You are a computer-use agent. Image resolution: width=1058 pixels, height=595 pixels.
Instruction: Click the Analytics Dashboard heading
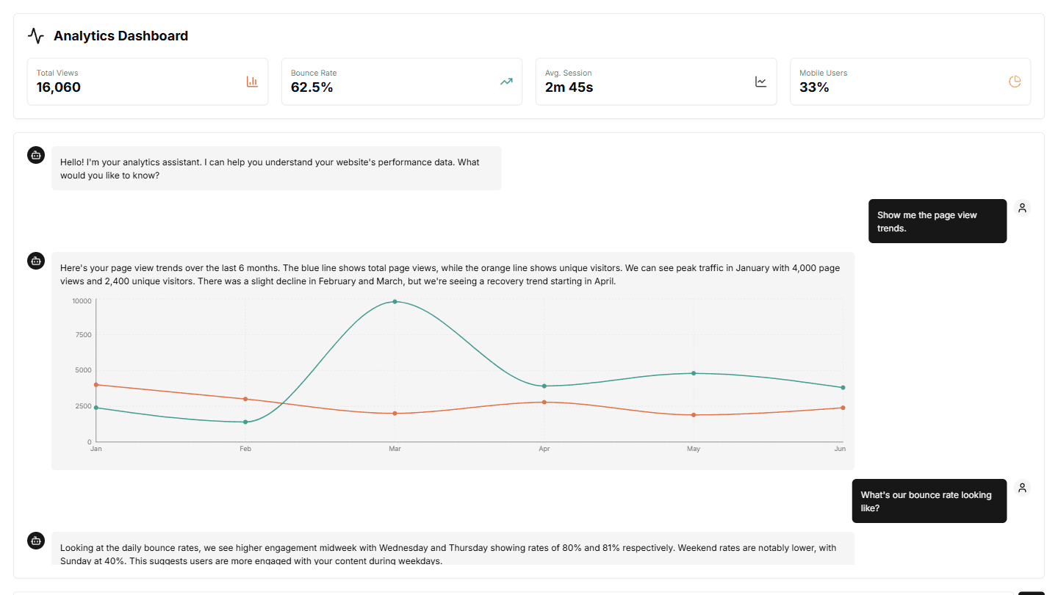120,36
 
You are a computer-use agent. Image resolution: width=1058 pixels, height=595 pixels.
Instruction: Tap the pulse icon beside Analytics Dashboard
36,36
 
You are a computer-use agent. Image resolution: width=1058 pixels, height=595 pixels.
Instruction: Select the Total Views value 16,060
59,87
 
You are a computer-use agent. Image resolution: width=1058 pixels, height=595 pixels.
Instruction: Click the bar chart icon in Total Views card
252,82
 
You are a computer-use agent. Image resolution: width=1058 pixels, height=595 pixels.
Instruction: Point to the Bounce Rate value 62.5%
312,87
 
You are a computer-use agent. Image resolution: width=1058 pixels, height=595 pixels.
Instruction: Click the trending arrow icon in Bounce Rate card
506,82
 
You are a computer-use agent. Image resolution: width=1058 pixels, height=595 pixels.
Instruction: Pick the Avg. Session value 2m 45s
569,87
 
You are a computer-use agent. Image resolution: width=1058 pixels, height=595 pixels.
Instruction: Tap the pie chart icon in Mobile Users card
1015,82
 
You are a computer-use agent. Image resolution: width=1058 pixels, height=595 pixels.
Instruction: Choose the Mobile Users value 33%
814,87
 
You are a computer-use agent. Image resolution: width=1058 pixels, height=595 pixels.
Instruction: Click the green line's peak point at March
395,301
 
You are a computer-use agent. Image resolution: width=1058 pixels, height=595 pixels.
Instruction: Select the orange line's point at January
96,385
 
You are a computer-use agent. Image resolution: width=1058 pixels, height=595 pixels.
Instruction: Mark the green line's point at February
245,422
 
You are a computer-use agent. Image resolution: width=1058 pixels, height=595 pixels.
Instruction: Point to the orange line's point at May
693,415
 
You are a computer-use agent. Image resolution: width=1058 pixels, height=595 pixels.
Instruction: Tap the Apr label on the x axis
544,448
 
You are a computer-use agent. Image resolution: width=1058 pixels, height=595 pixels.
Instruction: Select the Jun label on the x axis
840,448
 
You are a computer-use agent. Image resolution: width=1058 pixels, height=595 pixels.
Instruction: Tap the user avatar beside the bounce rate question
1022,488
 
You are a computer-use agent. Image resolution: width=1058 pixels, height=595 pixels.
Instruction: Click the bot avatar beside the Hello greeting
36,155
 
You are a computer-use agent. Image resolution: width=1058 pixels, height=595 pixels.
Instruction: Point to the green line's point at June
843,388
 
